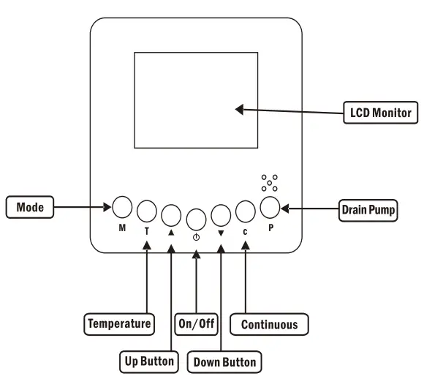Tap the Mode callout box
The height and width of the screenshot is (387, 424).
pos(30,207)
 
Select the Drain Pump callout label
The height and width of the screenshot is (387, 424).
pos(369,211)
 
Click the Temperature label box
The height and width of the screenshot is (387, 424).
pos(120,323)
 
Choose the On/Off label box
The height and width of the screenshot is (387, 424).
pos(197,323)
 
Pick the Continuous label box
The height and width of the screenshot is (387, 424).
pos(269,323)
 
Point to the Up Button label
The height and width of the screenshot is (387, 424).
pos(148,361)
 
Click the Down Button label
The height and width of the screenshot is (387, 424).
pos(224,361)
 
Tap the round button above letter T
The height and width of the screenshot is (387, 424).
pos(147,211)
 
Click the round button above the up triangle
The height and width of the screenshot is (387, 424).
pos(171,214)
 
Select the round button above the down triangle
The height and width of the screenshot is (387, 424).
pos(220,214)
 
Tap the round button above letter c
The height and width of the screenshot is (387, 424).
pos(246,211)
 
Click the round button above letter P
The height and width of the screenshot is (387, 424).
pos(270,208)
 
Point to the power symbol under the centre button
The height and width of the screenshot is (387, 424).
pos(196,236)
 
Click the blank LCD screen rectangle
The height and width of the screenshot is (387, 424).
pos(194,100)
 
